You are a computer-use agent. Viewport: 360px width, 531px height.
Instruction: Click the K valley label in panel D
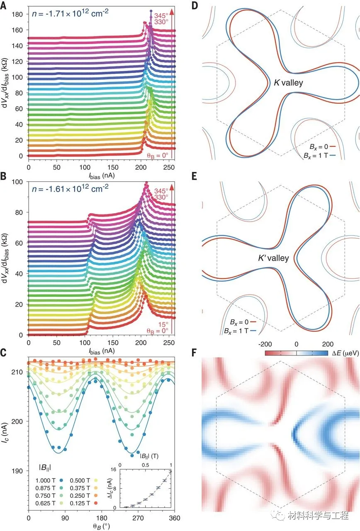click(288, 83)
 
